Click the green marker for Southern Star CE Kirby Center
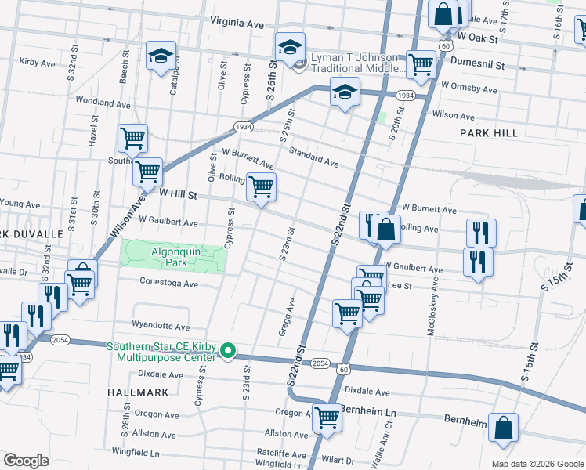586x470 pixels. tap(228, 351)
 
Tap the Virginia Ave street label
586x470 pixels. tap(236, 24)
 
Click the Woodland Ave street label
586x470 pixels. tap(103, 103)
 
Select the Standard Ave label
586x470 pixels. tap(313, 157)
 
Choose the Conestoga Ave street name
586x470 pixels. tap(168, 281)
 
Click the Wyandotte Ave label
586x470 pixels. tap(161, 326)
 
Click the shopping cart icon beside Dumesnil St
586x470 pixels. tap(421, 64)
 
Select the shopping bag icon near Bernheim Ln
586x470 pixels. tap(504, 428)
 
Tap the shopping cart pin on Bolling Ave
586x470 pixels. tap(261, 187)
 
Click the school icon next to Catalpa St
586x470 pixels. tap(161, 56)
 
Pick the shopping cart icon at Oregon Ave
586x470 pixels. tap(327, 418)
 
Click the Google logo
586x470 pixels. tap(26, 461)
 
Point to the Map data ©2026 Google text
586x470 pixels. tap(537, 464)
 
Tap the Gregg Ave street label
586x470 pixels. tap(287, 318)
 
